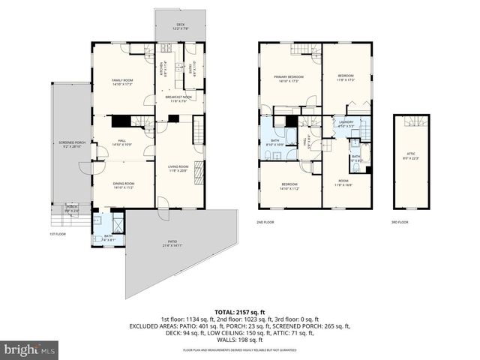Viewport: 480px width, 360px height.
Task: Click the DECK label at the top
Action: click(181, 26)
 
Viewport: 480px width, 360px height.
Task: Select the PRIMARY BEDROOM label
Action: click(288, 78)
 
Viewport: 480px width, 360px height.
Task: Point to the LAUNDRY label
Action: click(346, 124)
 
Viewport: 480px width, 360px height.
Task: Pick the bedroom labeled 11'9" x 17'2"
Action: click(345, 77)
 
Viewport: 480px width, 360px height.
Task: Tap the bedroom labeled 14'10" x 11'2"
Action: click(289, 186)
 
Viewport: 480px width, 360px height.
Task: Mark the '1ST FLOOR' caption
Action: click(58, 235)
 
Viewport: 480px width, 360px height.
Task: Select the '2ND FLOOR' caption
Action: click(265, 223)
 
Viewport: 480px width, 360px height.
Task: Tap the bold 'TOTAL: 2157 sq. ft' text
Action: click(239, 310)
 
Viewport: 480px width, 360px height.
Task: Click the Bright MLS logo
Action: click(30, 349)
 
